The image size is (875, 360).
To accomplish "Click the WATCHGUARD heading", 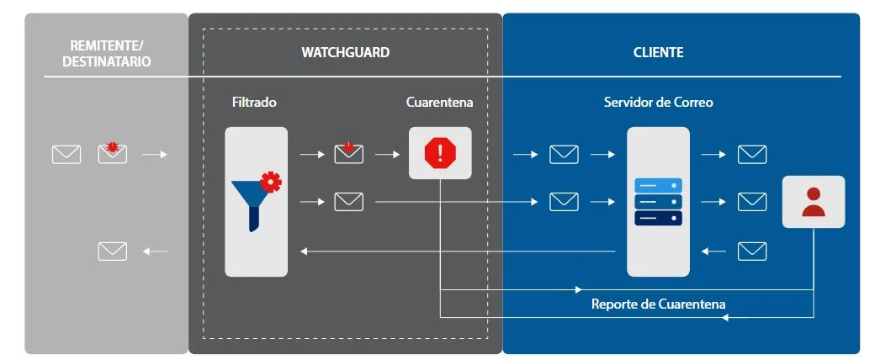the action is tap(346, 52).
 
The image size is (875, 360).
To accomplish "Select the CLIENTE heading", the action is tap(659, 52).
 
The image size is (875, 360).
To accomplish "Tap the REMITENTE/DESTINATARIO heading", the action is tap(107, 54).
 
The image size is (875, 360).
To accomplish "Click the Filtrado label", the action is tap(254, 102).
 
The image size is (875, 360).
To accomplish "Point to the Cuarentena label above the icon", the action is tap(440, 102).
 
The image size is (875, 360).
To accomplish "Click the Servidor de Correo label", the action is tap(659, 102).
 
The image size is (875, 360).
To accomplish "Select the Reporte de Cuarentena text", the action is tap(659, 304).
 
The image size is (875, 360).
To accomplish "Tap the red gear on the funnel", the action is tap(271, 183).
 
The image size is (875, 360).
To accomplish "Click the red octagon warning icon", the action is tap(440, 153).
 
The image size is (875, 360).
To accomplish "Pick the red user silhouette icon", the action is tap(813, 202).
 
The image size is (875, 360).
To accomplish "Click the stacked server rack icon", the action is tap(659, 202).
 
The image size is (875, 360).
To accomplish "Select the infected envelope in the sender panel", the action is tap(113, 153).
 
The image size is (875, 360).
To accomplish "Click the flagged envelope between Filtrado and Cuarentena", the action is tap(349, 153).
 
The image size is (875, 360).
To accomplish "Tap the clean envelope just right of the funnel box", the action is tap(349, 202).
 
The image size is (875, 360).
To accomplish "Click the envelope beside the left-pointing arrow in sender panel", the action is tap(113, 251).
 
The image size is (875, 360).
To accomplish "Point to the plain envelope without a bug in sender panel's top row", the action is tap(66, 154).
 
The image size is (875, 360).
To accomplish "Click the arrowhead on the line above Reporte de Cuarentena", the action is tap(579, 289).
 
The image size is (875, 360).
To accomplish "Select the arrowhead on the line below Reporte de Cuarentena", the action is tap(725, 318).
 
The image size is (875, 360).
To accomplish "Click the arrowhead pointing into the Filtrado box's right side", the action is tap(304, 251).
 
